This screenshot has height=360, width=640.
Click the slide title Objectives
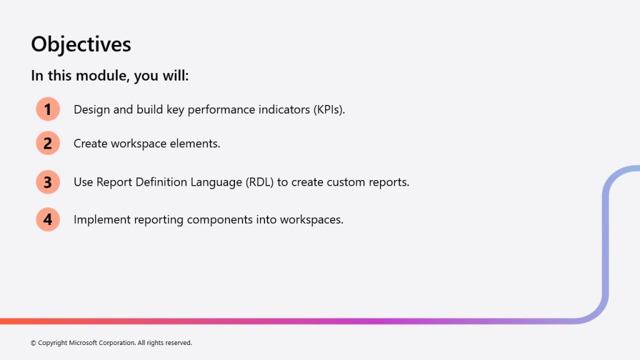coord(81,44)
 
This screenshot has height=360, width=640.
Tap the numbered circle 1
coord(47,109)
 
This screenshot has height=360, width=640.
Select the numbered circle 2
coord(47,143)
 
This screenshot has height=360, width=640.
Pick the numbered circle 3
coord(47,182)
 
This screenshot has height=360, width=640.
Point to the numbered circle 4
coord(47,219)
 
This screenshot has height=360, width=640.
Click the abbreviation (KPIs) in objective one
coord(329,110)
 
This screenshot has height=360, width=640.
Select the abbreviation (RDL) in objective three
coord(259,182)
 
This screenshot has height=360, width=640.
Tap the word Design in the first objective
coord(92,110)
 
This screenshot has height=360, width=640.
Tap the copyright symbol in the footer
coord(33,343)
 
